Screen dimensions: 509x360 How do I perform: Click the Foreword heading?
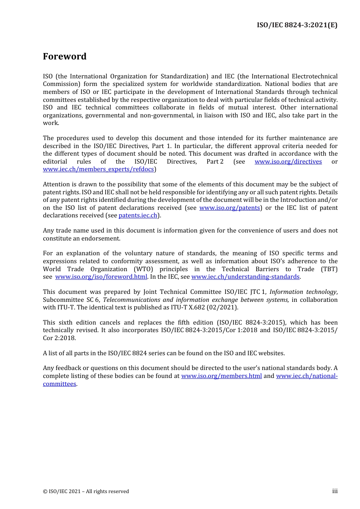pos(64,56)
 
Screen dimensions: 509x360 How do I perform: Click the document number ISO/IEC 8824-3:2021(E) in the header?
pos(297,25)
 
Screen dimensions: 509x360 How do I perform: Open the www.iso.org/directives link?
pos(288,162)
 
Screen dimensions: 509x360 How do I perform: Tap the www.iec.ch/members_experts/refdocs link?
pos(98,169)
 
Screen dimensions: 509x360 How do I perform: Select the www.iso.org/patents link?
pos(230,208)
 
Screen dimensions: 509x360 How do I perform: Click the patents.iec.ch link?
pos(138,215)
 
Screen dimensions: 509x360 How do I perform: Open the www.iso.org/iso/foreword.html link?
pos(101,277)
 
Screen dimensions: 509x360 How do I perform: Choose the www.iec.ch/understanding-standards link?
pos(246,277)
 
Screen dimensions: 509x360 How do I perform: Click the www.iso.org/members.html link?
pos(221,376)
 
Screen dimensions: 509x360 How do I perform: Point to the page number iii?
pos(335,491)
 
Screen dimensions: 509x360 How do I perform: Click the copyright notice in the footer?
pos(86,492)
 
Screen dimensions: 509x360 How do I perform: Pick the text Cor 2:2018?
pos(59,338)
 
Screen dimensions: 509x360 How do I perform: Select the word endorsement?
pos(100,239)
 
